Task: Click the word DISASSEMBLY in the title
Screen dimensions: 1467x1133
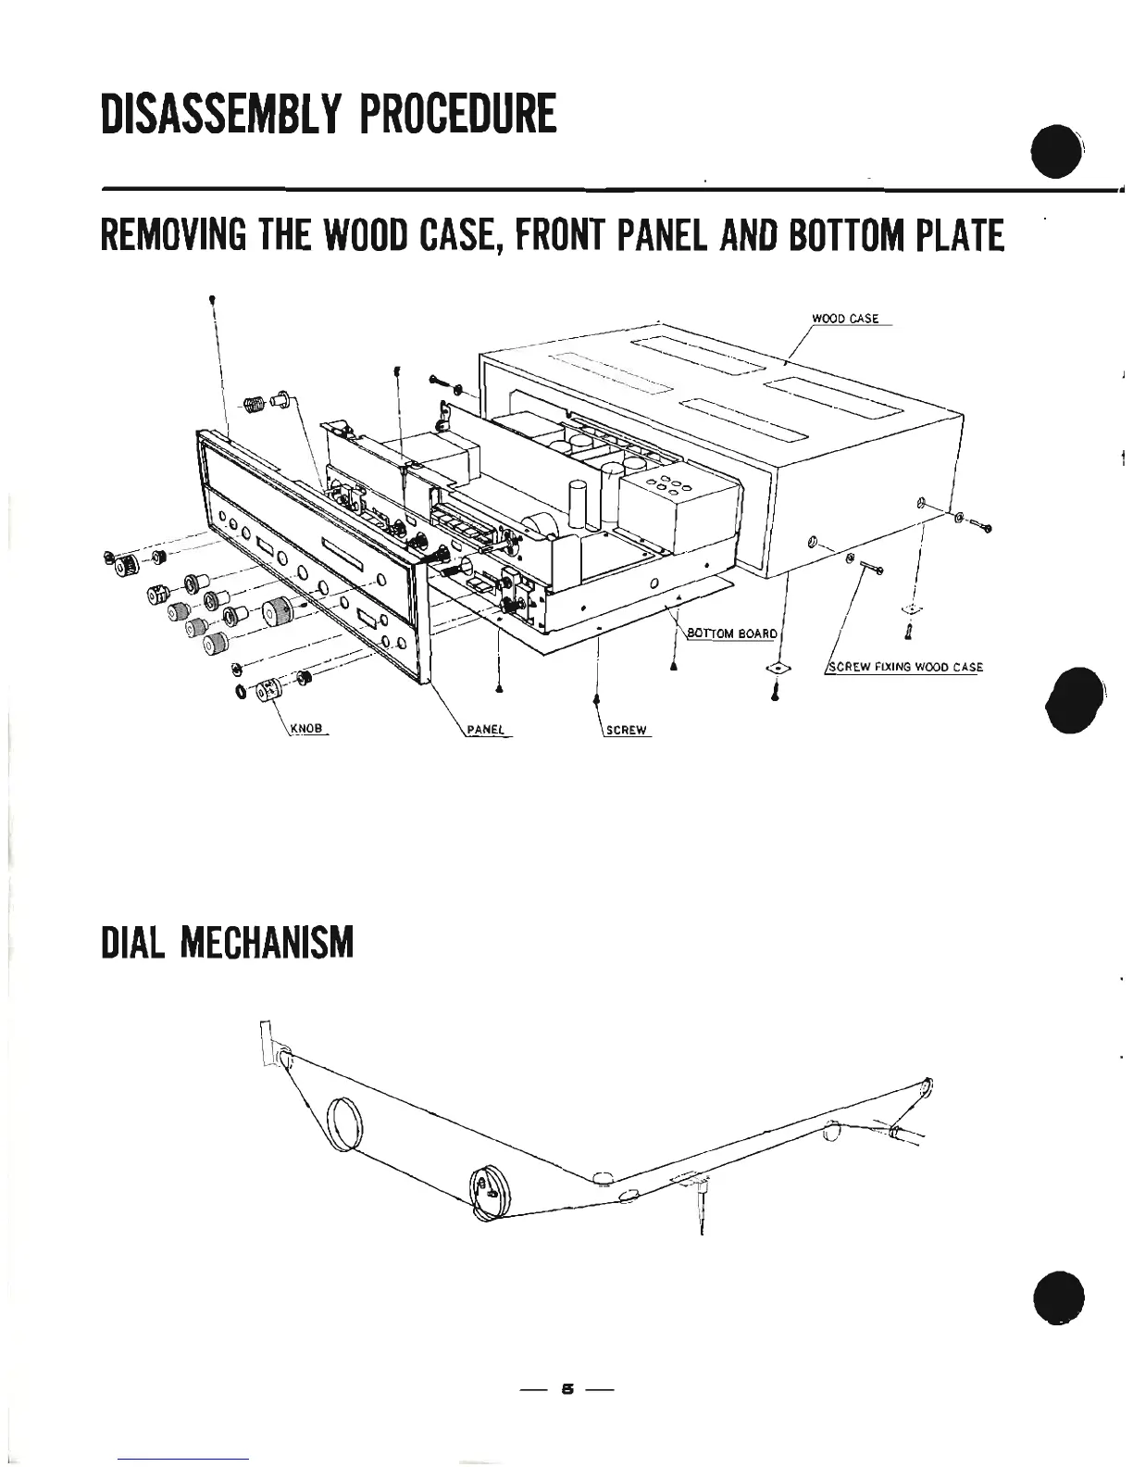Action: pos(222,113)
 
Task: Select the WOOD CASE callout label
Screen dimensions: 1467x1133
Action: pos(844,319)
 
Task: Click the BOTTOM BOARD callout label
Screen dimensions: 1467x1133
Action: pos(731,633)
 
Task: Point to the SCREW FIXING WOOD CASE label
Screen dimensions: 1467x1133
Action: pos(904,667)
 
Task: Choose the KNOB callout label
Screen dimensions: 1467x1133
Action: pos(305,729)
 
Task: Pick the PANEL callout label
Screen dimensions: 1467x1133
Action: pos(484,730)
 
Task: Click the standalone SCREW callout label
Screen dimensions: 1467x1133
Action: pos(626,730)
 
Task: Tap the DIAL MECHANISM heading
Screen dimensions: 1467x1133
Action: pos(227,942)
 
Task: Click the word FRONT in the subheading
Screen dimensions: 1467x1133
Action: pos(575,235)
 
